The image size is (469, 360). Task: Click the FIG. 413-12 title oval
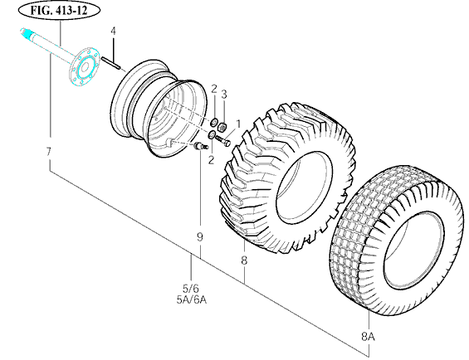click(59, 11)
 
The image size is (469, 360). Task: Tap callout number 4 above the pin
click(113, 31)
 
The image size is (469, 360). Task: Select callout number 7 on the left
click(49, 152)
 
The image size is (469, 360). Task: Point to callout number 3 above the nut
click(224, 95)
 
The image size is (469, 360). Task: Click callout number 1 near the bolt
click(238, 124)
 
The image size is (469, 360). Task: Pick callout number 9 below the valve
click(200, 237)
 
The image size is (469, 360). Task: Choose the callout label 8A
click(368, 337)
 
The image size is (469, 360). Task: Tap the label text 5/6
click(191, 289)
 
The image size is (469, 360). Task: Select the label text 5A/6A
click(192, 299)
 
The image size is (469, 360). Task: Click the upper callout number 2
click(213, 89)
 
